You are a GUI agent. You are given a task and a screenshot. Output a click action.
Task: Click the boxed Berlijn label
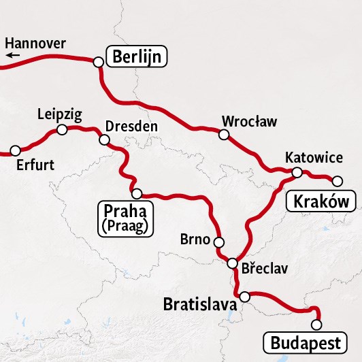pos(137,56)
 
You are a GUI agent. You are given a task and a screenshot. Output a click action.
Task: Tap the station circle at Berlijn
pos(98,62)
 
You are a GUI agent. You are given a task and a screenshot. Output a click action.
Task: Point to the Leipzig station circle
pos(62,129)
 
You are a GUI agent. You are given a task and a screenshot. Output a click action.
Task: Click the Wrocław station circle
pos(223,135)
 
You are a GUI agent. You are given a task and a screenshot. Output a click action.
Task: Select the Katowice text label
pos(314,158)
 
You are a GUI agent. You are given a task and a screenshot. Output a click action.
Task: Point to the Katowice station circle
pos(297,173)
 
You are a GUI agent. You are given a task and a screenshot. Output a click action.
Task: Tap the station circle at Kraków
pos(337,180)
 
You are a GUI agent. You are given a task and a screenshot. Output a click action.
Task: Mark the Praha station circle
pos(136,193)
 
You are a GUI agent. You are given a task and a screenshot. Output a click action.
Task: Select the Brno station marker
pos(218,242)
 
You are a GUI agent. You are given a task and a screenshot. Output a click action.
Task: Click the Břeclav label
pos(265,268)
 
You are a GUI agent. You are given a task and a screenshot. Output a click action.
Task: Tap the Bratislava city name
pos(200,304)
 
